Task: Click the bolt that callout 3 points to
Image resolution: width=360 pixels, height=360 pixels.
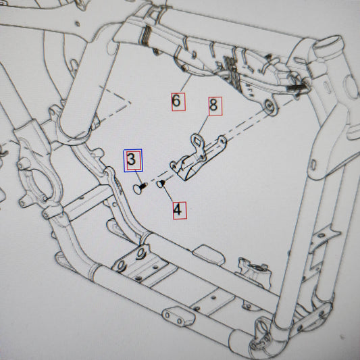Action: pos(139,188)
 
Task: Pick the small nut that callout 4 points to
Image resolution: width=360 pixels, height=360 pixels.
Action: pos(161,184)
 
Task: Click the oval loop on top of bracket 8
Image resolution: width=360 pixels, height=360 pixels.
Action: pos(197,141)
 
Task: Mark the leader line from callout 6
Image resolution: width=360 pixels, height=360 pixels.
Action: pos(186,83)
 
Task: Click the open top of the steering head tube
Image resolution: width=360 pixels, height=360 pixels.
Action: pos(329,44)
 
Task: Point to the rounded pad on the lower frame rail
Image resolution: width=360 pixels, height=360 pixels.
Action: pos(209,255)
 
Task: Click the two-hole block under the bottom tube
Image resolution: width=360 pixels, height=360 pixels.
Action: pos(178,317)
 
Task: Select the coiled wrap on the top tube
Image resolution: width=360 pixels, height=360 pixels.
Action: pos(146,35)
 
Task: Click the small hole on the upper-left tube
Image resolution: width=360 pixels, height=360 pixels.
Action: pos(78,24)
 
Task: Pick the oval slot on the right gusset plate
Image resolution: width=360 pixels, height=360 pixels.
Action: pos(313,165)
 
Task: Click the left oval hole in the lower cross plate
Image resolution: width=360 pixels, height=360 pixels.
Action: pos(121,265)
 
